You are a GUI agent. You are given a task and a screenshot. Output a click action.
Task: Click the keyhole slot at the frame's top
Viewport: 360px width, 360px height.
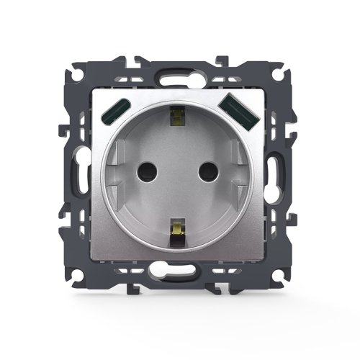[x=179, y=74]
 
